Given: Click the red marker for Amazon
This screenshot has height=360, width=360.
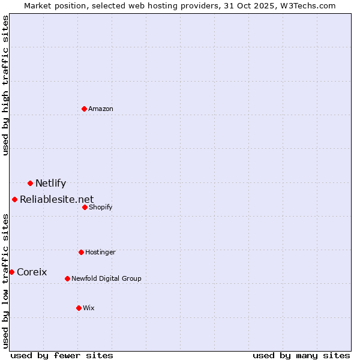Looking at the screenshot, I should (84, 109).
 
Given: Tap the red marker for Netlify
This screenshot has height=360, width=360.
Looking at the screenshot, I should (30, 183).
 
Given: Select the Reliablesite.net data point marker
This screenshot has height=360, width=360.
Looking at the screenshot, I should (14, 199).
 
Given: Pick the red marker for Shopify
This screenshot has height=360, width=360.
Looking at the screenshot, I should (85, 207).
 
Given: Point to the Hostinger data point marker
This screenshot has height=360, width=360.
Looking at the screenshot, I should (81, 252).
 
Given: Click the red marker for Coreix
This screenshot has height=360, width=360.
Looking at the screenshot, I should (11, 272).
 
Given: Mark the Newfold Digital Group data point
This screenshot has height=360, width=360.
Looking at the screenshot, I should (67, 278).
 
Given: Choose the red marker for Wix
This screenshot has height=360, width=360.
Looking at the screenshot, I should (79, 308).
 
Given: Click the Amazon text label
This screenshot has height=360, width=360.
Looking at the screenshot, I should (101, 109).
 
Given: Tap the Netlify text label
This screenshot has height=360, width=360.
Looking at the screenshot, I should (50, 184).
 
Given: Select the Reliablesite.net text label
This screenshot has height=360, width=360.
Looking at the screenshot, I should (56, 200).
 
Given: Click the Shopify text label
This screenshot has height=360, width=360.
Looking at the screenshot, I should (100, 207).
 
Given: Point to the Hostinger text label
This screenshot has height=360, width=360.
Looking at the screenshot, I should (100, 252).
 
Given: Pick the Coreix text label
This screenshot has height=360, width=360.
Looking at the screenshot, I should (32, 272).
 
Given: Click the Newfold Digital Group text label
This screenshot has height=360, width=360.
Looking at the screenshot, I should (106, 278).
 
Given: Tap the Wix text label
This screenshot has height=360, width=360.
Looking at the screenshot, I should (89, 308).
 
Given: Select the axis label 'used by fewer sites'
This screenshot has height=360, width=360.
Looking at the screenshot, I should (62, 355).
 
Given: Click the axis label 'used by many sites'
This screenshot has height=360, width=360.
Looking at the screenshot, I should (301, 355).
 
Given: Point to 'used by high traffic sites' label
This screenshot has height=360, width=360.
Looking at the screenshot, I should (5, 85).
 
